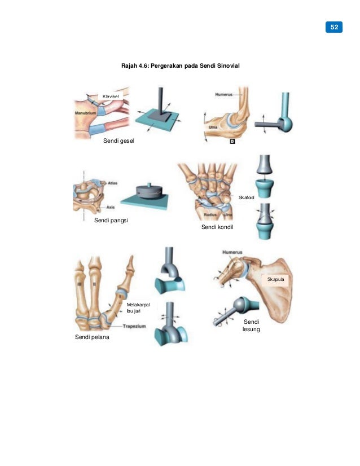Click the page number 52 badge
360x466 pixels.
pos(334,27)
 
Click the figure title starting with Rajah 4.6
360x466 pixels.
pos(181,67)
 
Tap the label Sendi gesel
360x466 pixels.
pos(119,144)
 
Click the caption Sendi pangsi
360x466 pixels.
pos(111,221)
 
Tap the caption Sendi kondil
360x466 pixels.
pos(217,227)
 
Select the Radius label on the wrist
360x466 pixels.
pos(211,215)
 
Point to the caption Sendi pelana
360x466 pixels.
pos(93,337)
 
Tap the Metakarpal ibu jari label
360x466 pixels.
pos(138,307)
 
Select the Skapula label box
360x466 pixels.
pos(274,280)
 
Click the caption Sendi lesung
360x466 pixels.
pos(251,325)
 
